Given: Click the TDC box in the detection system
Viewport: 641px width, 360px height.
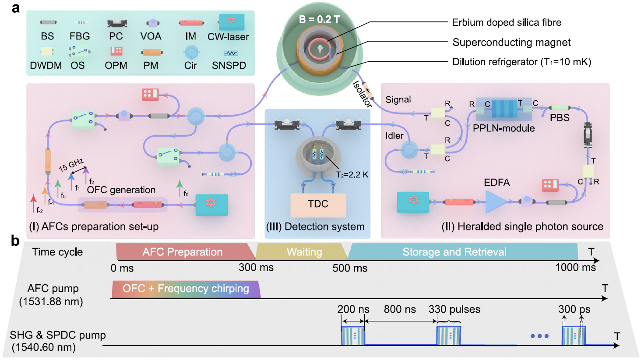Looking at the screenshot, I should click(318, 205).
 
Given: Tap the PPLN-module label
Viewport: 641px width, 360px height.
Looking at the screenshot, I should click(504, 128).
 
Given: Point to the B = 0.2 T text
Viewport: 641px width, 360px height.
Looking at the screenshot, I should click(319, 19).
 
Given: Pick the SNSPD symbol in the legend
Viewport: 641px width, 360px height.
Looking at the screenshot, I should click(231, 53).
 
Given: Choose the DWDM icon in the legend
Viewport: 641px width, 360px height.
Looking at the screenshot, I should click(47, 52).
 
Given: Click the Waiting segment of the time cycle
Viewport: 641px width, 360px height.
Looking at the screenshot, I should click(304, 252).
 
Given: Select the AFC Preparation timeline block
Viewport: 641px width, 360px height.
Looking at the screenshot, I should click(183, 252).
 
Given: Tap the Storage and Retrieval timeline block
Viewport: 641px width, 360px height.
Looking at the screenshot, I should click(454, 252).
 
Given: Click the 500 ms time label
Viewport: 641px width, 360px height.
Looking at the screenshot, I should click(350, 268).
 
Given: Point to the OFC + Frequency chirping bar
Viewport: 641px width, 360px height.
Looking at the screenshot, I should click(186, 289).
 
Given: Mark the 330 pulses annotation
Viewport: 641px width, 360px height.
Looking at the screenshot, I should click(454, 309).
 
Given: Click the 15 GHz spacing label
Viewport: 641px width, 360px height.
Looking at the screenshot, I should click(71, 165).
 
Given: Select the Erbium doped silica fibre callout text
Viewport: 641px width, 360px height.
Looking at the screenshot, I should click(506, 22).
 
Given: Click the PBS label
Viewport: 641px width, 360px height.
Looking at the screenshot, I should click(560, 118).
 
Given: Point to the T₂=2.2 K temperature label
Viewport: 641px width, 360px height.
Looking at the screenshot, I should click(352, 175).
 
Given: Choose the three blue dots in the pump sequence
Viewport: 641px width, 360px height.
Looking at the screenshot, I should click(539, 336).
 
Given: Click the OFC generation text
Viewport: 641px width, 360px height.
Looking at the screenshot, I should click(121, 190).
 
